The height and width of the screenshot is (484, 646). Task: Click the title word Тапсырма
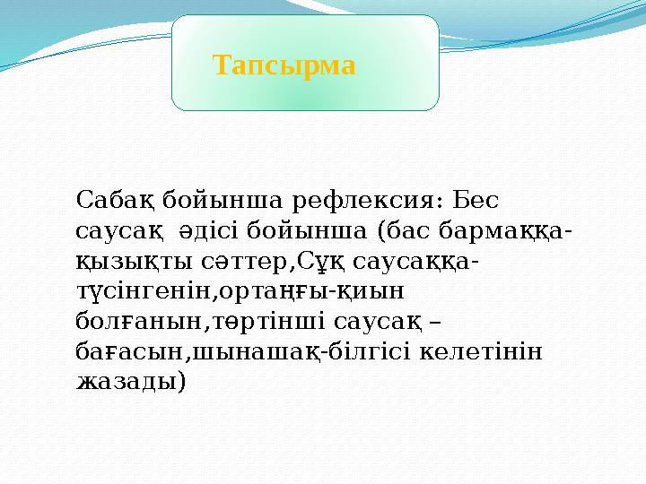[284, 65]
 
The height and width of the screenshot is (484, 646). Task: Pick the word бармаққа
[502, 231]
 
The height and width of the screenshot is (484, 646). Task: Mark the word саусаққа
[412, 262]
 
